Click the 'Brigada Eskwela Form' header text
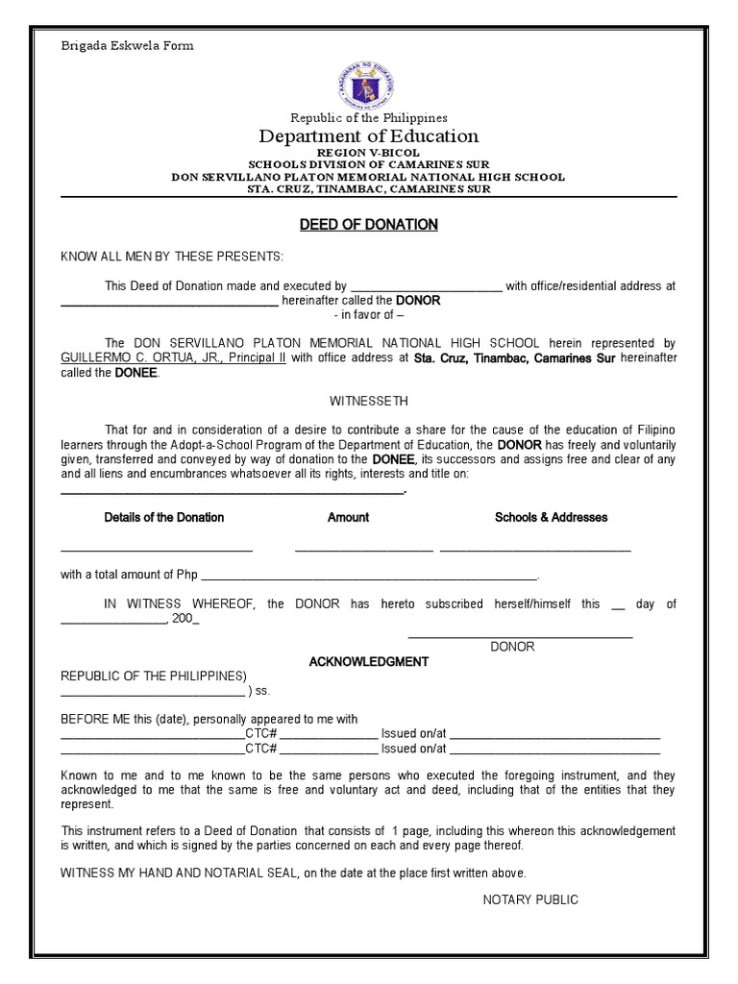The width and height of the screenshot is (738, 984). (x=127, y=45)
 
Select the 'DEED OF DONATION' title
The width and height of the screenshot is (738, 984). (x=369, y=224)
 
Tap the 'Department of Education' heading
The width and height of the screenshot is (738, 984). (x=369, y=136)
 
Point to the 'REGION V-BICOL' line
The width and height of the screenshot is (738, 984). (x=369, y=154)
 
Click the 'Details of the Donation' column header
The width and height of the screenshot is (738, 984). (x=164, y=517)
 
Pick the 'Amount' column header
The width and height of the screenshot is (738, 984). (x=348, y=517)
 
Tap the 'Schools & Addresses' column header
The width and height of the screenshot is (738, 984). (x=551, y=517)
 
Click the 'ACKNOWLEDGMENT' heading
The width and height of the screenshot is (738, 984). (x=368, y=662)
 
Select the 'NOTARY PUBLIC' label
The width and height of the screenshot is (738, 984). (x=530, y=899)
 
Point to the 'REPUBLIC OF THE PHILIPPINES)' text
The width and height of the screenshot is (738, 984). (x=154, y=676)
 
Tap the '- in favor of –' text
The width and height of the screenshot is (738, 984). (x=369, y=315)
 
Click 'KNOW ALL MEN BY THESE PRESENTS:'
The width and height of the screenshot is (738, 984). (x=172, y=257)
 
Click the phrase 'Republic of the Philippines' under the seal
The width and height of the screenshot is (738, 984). (x=369, y=117)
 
